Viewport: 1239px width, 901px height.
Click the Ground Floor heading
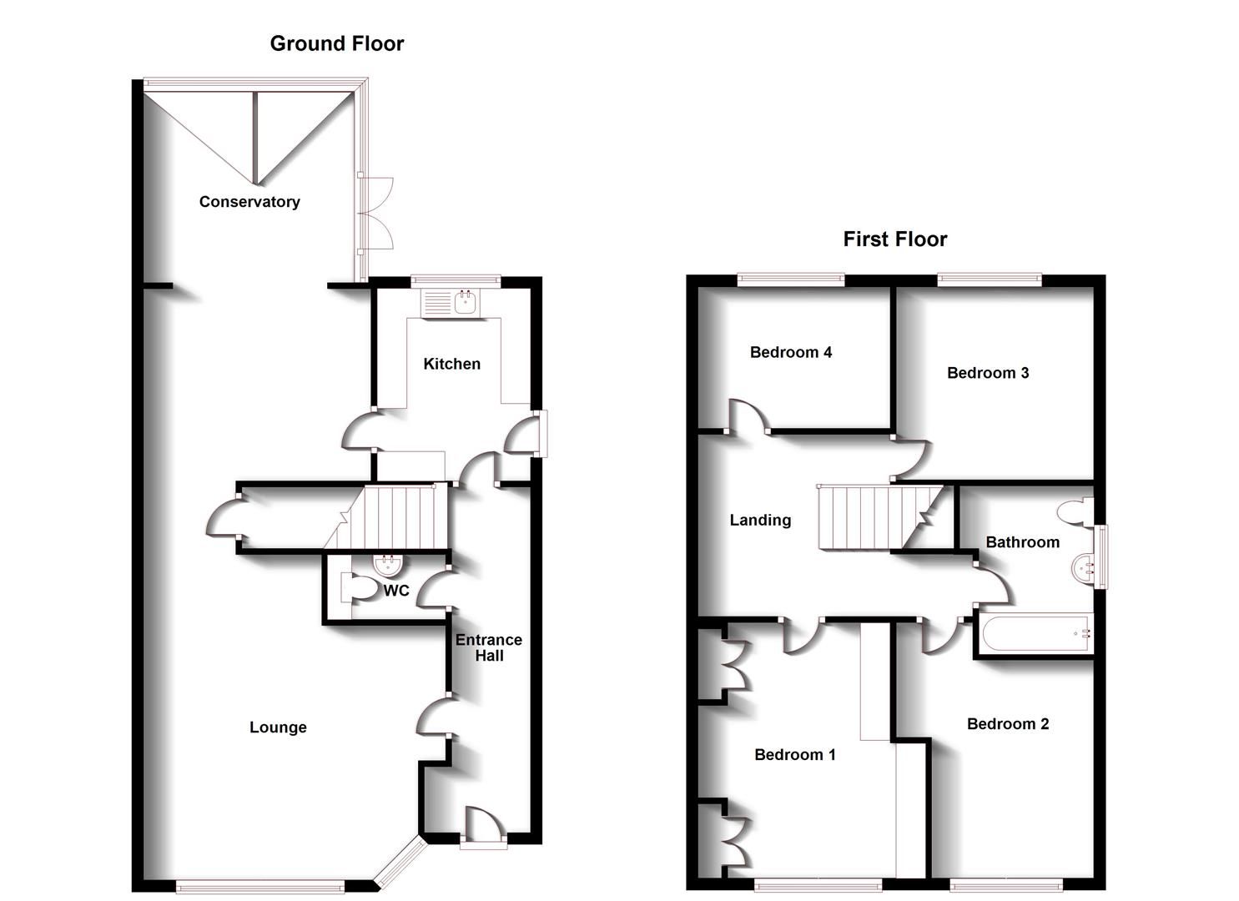click(x=336, y=43)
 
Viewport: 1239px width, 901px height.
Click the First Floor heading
click(x=894, y=239)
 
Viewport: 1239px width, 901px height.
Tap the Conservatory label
click(x=249, y=202)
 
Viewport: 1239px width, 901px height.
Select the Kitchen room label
click(x=451, y=364)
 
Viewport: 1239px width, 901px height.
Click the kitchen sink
click(x=451, y=303)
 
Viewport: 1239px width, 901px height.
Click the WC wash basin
click(x=387, y=566)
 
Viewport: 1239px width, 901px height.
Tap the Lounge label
click(x=278, y=727)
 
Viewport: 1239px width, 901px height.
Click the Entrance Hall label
click(x=489, y=647)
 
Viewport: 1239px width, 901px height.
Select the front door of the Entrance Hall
click(x=483, y=826)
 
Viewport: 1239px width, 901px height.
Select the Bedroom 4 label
click(x=790, y=352)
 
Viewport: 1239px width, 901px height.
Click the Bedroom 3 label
click(x=988, y=373)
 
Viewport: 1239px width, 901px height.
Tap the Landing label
click(x=760, y=521)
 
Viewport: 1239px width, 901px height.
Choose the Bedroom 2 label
click(x=1007, y=724)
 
